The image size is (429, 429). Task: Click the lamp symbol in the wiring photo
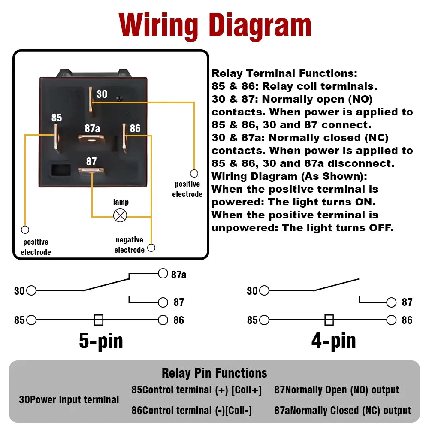(x=120, y=215)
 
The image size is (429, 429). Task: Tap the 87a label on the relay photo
(x=92, y=128)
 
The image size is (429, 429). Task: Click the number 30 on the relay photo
(x=102, y=94)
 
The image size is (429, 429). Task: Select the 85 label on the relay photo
(x=57, y=118)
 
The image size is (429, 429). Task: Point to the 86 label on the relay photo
(x=135, y=128)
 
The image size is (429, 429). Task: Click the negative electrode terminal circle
(x=151, y=248)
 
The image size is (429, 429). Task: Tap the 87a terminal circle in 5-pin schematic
(x=163, y=274)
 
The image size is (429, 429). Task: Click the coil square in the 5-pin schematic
(x=99, y=320)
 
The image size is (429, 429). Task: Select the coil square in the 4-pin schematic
(x=329, y=320)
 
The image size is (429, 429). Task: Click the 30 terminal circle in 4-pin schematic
(x=264, y=291)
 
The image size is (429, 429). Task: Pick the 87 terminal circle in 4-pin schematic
(x=391, y=302)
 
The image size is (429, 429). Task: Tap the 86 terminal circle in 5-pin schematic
(x=163, y=320)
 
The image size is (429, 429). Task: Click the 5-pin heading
(x=101, y=341)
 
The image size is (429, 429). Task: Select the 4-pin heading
(x=333, y=341)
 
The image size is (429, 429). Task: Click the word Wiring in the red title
(x=159, y=26)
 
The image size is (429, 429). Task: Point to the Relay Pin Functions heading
(x=214, y=373)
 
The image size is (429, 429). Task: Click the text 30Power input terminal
(x=69, y=400)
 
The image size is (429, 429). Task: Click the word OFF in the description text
(x=381, y=228)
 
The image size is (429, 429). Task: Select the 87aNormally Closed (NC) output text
(x=343, y=411)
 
